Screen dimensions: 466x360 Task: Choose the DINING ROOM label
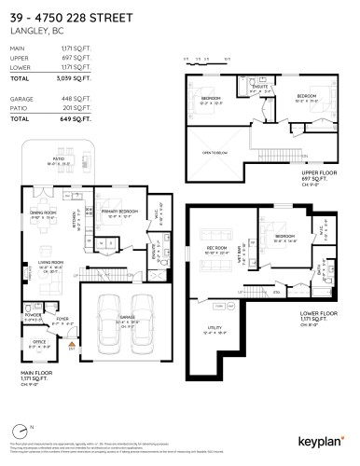(43, 213)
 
